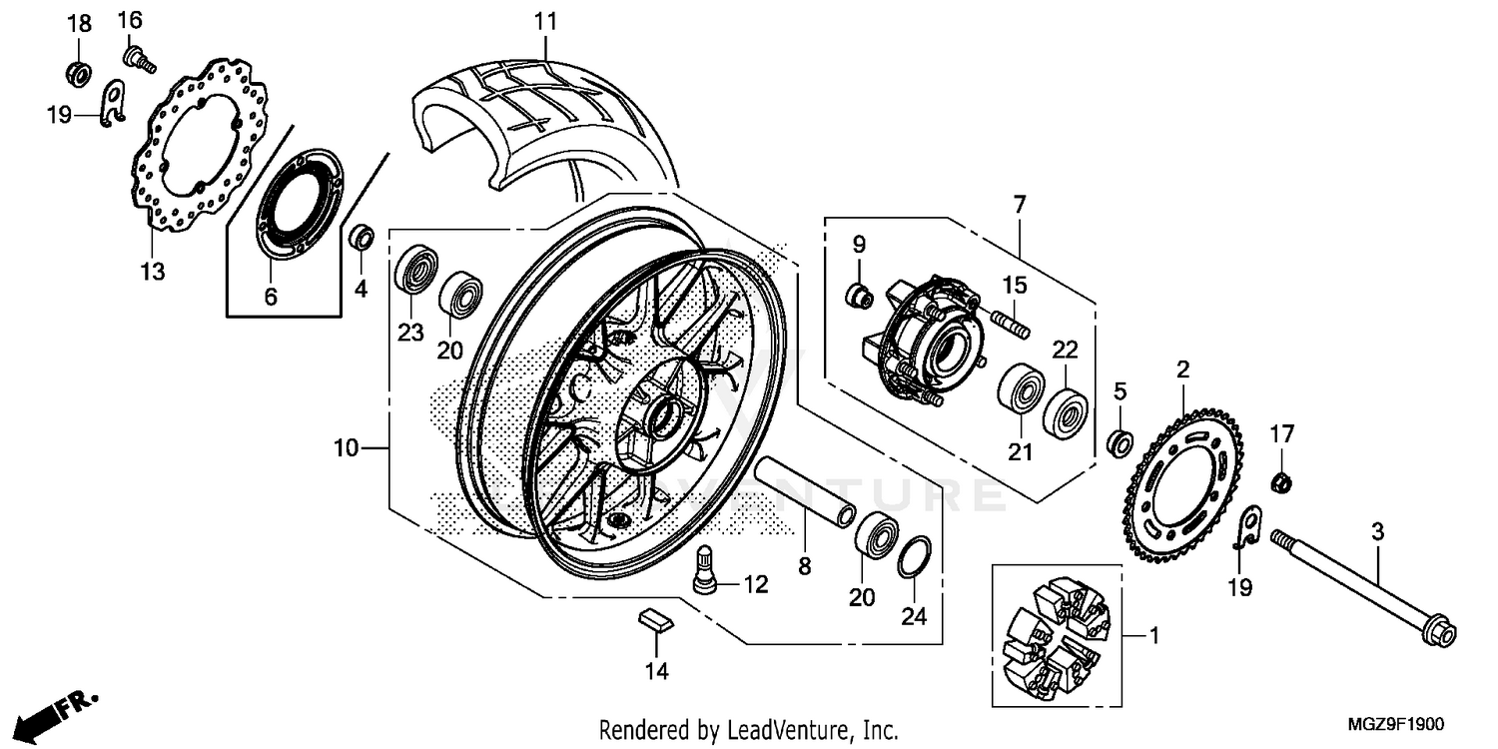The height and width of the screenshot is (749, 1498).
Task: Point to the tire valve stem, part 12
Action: [x=706, y=575]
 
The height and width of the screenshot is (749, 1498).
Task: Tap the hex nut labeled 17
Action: [x=1282, y=483]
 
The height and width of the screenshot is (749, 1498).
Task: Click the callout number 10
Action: [x=346, y=449]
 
